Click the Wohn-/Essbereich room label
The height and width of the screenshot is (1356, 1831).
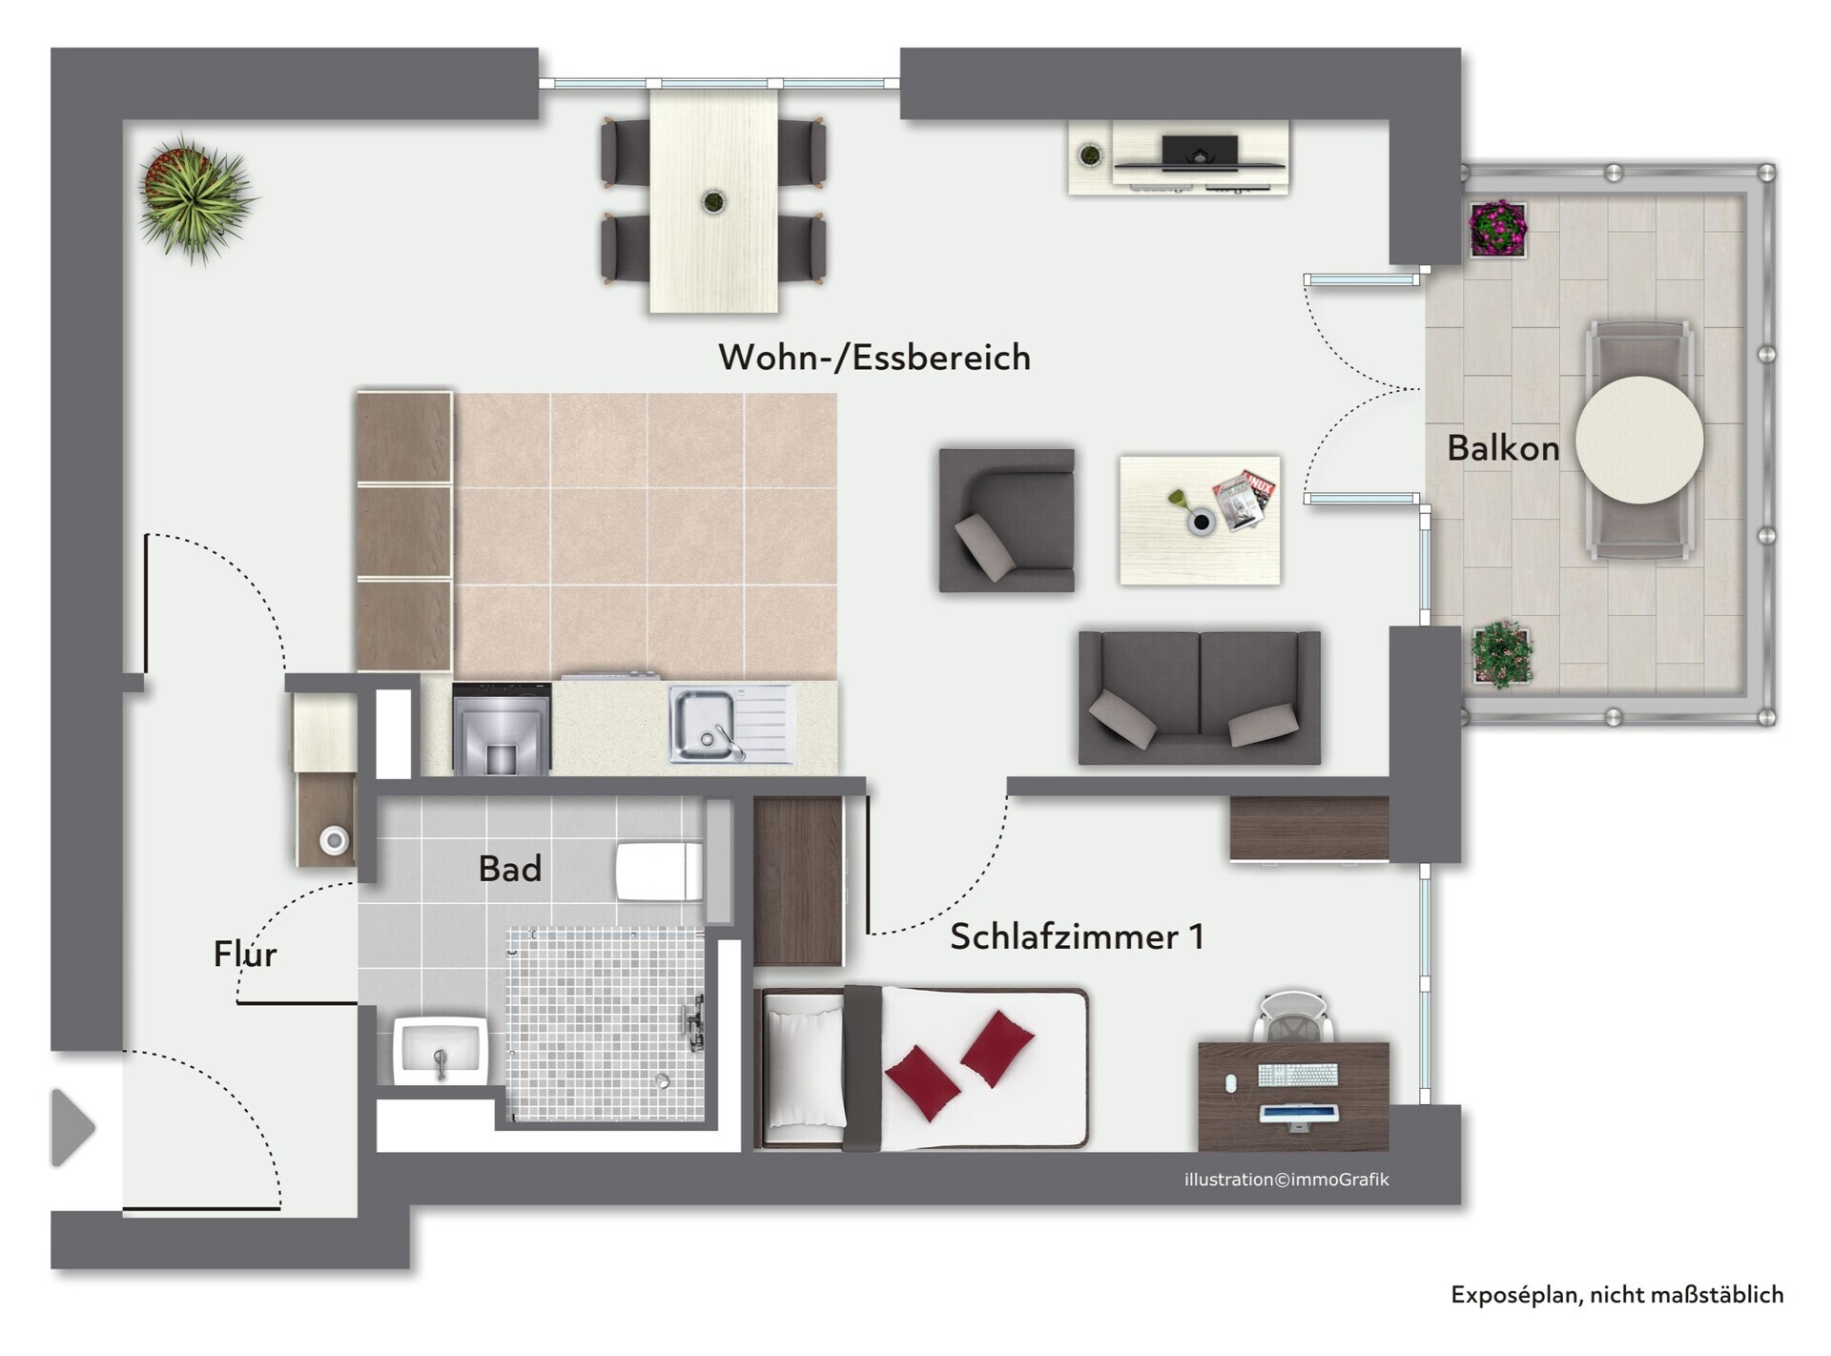click(x=874, y=358)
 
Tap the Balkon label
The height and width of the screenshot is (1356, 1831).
click(x=1503, y=448)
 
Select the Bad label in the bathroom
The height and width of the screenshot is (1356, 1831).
click(x=510, y=869)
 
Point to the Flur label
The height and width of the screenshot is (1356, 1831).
click(x=245, y=954)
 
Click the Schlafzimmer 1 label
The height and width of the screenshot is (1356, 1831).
click(x=1078, y=936)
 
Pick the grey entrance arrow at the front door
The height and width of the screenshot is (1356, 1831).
click(x=73, y=1127)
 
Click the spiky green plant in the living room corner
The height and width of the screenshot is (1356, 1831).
click(x=195, y=197)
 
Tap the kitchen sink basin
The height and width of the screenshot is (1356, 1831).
click(x=704, y=725)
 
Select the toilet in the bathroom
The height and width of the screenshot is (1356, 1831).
click(x=660, y=871)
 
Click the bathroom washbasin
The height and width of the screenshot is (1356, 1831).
click(x=441, y=1051)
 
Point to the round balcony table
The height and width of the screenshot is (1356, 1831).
click(x=1639, y=441)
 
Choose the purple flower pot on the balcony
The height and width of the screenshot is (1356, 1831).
click(x=1498, y=229)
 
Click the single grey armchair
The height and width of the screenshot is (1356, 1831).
click(x=1007, y=521)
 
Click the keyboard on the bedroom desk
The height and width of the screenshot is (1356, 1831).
click(x=1298, y=1075)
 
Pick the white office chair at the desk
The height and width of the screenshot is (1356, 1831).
click(x=1292, y=1017)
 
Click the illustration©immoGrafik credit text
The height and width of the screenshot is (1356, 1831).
click(x=1286, y=1180)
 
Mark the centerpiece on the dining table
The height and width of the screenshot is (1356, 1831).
click(x=713, y=201)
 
